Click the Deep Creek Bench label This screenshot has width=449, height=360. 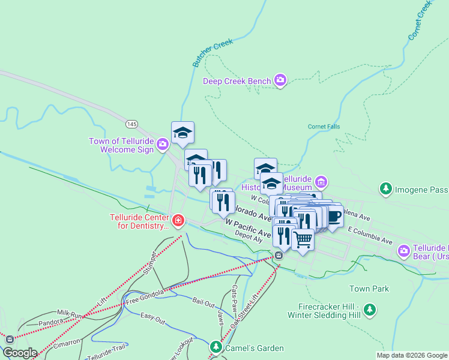(237, 81)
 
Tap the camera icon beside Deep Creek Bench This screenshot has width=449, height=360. (280, 80)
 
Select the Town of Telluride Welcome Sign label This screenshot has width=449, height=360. (121, 145)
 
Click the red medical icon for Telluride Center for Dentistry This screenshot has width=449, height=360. (178, 221)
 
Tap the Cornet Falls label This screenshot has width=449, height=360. (324, 127)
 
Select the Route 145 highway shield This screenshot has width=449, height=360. (132, 124)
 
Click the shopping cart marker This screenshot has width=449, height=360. (303, 239)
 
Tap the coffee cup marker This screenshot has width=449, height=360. (333, 216)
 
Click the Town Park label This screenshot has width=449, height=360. (369, 289)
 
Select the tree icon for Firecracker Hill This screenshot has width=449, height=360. (371, 310)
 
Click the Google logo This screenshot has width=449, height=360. (20, 353)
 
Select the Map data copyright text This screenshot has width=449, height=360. (412, 355)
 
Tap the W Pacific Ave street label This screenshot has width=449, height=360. (248, 228)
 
